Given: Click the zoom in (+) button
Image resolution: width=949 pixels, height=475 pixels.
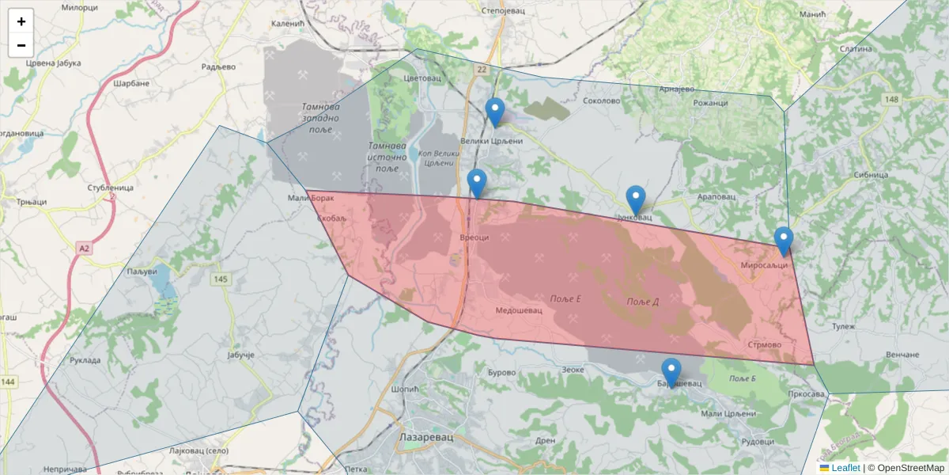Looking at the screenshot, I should pyautogui.click(x=21, y=21).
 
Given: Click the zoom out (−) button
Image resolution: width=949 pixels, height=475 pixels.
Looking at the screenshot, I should pyautogui.click(x=21, y=45).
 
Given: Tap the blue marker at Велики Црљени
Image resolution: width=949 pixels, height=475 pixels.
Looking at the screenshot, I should pyautogui.click(x=495, y=112).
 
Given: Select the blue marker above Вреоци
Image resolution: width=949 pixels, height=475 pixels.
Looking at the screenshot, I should pyautogui.click(x=477, y=184).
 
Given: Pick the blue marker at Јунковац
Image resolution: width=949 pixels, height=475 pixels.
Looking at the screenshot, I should pyautogui.click(x=636, y=199).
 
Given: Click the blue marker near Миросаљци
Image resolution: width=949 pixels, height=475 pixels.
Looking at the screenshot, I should pyautogui.click(x=784, y=241).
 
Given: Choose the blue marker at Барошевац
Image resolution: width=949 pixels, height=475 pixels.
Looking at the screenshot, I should pyautogui.click(x=671, y=372).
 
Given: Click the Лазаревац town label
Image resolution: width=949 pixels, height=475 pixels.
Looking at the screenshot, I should pyautogui.click(x=425, y=436).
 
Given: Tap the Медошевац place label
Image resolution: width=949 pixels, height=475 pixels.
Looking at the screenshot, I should pyautogui.click(x=519, y=310).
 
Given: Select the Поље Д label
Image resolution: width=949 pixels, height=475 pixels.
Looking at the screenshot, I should pyautogui.click(x=642, y=302).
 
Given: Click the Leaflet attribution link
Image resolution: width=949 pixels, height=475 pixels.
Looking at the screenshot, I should pyautogui.click(x=845, y=468).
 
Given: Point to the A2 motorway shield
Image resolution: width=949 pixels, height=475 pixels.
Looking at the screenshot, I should pyautogui.click(x=85, y=249).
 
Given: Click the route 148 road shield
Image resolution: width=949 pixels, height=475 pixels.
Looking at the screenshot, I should pyautogui.click(x=892, y=99).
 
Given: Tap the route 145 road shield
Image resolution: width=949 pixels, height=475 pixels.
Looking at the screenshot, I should pyautogui.click(x=220, y=279).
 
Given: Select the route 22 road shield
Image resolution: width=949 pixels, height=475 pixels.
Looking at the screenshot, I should pyautogui.click(x=482, y=70).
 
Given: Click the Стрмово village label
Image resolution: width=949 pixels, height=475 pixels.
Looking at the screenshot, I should pyautogui.click(x=764, y=345).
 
